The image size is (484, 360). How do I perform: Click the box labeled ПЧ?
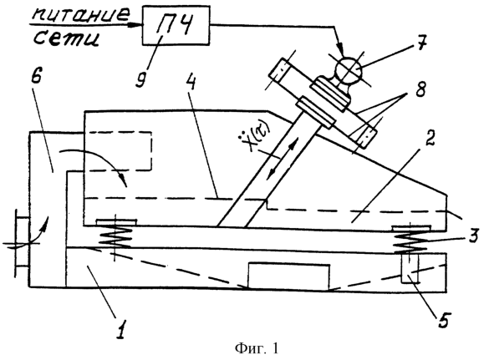click(176, 26)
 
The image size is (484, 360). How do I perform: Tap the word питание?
click(82, 14)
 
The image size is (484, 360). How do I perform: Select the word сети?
click(67, 38)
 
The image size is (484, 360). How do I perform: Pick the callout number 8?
click(420, 89)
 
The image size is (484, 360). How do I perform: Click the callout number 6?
click(36, 74)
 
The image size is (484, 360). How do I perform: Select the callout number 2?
click(431, 138)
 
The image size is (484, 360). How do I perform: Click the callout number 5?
click(443, 320)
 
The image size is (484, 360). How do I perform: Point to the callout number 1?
click(121, 329)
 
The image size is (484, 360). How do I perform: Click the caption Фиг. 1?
click(257, 348)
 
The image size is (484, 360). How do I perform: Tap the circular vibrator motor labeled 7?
click(349, 69)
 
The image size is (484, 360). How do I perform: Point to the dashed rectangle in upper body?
click(119, 151)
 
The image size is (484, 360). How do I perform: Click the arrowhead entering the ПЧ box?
click(138, 25)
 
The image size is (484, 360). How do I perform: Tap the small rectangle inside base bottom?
click(289, 276)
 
